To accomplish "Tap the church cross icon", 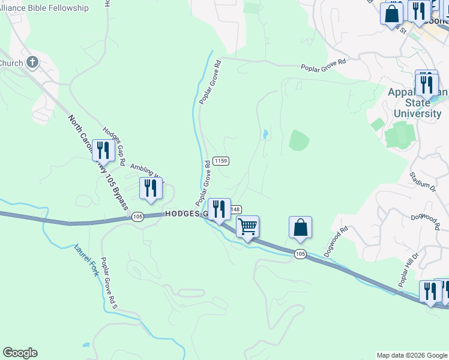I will click(x=32, y=62).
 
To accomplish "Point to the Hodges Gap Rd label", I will click(x=113, y=146).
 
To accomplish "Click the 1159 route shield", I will click(x=220, y=161).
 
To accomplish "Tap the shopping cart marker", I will click(x=247, y=227).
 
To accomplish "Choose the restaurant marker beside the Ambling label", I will click(x=151, y=188).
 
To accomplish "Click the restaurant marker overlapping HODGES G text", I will click(x=219, y=209).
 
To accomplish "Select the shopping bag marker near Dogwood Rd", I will click(x=300, y=227).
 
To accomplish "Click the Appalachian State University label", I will click(x=417, y=103).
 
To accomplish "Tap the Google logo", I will click(x=20, y=353).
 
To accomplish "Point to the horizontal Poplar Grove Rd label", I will click(x=324, y=68).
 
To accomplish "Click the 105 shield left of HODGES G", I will click(x=138, y=216).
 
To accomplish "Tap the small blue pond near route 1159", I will click(x=265, y=135).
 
